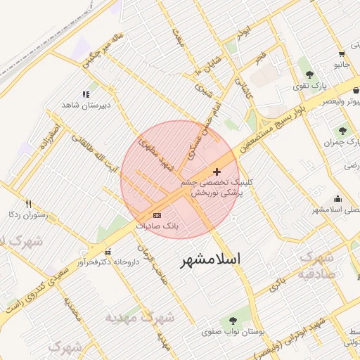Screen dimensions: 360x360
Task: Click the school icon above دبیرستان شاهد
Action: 86,94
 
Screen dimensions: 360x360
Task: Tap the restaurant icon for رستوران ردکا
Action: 28,204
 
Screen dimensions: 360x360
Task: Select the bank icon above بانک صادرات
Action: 156,215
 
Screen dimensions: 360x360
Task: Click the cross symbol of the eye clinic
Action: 216,172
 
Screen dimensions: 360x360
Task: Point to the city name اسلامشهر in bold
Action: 210,259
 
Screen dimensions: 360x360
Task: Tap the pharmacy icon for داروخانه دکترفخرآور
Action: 108,252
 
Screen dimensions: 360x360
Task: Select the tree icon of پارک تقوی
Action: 309,75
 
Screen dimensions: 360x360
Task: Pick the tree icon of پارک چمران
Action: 342,131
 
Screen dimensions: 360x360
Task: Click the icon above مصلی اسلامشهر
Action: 337,199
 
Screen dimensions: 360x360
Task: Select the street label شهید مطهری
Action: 158,154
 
